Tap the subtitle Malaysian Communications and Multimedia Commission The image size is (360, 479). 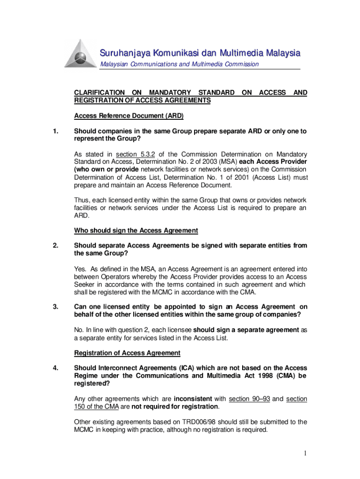click(180, 64)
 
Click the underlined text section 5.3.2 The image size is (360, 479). click(139, 154)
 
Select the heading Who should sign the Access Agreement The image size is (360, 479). click(136, 230)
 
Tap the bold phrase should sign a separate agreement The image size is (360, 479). click(246, 330)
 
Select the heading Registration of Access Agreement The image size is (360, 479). click(127, 353)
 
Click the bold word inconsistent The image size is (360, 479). click(194, 399)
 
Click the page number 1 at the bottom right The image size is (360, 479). click(304, 453)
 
